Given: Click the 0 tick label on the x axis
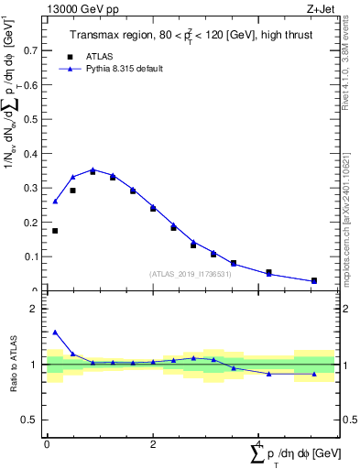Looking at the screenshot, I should pyautogui.click(x=47, y=443).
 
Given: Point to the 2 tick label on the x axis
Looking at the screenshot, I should pyautogui.click(x=153, y=443).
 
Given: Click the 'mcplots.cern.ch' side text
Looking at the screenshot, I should pyautogui.click(x=351, y=229).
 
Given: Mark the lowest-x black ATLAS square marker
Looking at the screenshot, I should pyautogui.click(x=55, y=231).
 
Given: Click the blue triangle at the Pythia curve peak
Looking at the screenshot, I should pyautogui.click(x=93, y=169).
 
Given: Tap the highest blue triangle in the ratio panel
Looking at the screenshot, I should pyautogui.click(x=55, y=333).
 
